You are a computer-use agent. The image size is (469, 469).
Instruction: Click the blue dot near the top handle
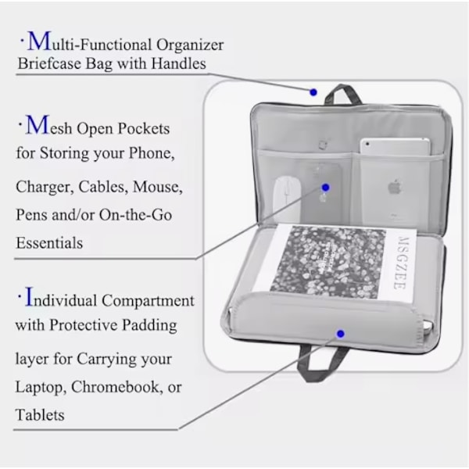click(x=313, y=92)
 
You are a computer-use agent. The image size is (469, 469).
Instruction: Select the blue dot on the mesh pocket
click(x=326, y=188)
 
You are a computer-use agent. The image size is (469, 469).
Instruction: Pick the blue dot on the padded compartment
click(x=340, y=334)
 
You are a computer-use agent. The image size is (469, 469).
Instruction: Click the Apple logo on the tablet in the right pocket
click(x=395, y=188)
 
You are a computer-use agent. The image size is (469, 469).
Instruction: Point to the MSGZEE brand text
click(x=399, y=263)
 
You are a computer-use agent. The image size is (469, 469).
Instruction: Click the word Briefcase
click(x=49, y=64)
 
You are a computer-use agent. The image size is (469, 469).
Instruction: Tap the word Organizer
click(x=190, y=45)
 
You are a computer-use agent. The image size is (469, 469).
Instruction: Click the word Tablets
click(x=40, y=415)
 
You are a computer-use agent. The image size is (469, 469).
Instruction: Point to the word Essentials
click(x=49, y=242)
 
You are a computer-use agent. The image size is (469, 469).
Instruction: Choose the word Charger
click(x=45, y=187)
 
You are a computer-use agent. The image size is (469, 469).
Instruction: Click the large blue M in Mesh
click(x=38, y=125)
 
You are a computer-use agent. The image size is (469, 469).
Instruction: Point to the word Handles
click(x=178, y=63)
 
